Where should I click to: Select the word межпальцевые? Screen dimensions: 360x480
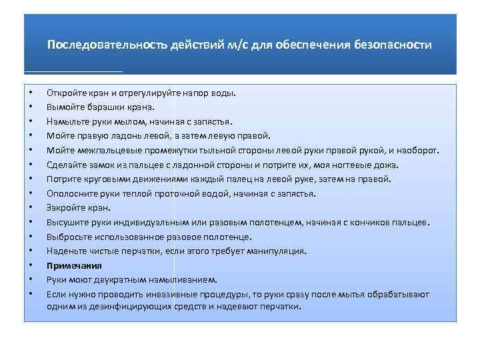tap(101, 150)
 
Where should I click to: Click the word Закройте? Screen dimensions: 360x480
tap(65, 208)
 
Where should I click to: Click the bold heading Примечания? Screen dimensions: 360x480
tap(74, 265)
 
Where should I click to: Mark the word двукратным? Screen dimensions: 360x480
tap(127, 280)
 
